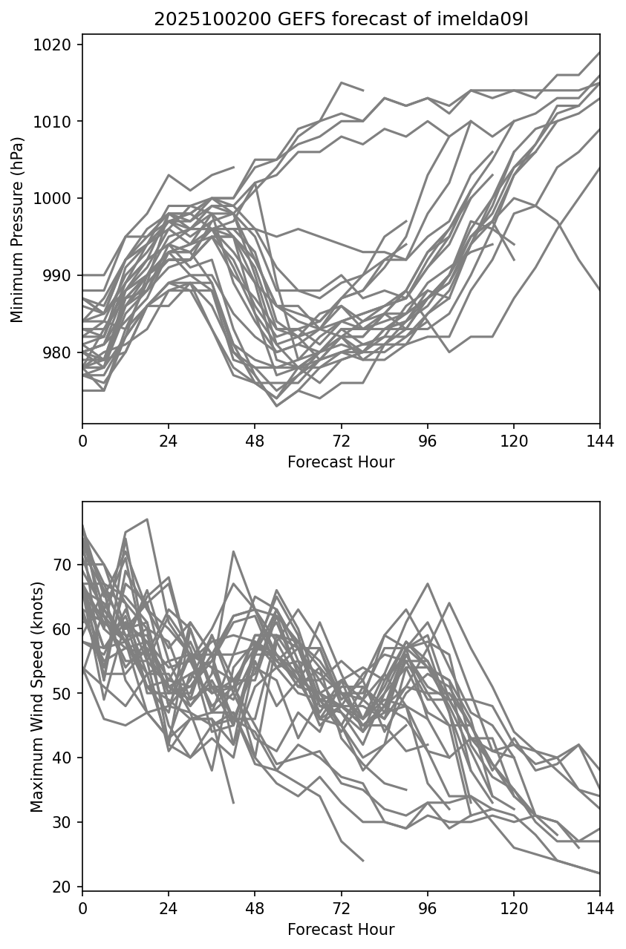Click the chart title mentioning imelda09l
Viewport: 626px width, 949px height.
coord(341,19)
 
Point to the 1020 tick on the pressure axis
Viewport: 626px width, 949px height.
coord(57,45)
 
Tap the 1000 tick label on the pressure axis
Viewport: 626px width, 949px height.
coord(57,198)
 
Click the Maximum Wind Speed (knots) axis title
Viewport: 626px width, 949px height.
coord(37,696)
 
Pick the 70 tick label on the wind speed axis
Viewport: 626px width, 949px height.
coord(64,565)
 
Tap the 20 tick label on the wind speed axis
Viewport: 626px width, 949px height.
coord(64,887)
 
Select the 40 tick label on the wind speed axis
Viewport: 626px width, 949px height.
coord(64,758)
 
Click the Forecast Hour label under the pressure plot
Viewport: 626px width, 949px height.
coord(341,462)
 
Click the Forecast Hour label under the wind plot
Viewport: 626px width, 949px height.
coord(341,929)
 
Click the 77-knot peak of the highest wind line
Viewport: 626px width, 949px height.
coord(147,519)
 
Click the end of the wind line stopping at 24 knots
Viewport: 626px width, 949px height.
coord(363,861)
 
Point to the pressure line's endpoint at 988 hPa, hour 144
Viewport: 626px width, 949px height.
coord(599,291)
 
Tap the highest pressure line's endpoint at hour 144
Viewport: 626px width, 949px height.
coord(599,53)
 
